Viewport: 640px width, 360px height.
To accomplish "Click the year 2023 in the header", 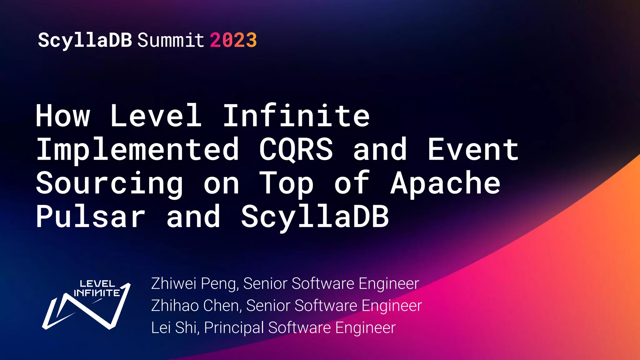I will pos(233,40).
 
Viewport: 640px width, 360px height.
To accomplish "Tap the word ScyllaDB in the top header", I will pos(85,40).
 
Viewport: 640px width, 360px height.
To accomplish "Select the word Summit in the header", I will pos(171,40).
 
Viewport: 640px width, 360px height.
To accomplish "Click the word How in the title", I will pos(63,116).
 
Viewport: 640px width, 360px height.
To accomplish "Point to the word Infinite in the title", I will pos(296,116).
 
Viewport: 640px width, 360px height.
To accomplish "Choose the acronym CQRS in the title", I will pos(296,150).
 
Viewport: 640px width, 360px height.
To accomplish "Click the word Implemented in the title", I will pos(138,150).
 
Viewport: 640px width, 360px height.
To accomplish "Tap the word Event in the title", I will pos(473,150).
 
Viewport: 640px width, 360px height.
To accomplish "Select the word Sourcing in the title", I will pos(109,184).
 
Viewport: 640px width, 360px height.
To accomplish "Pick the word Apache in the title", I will pos(445,184).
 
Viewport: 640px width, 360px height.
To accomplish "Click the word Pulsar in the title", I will pos(91,217).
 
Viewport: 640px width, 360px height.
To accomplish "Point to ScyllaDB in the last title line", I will pos(315,217).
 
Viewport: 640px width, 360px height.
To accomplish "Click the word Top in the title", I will pos(287,184).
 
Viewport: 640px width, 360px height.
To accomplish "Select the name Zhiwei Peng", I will pos(195,284).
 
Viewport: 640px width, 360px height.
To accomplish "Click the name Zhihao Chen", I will pos(196,306).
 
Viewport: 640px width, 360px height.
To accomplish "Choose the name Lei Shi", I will pos(175,328).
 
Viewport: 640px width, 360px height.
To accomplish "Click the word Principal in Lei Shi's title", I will pos(234,328).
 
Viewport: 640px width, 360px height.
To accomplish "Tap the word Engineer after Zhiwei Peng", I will pos(389,284).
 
